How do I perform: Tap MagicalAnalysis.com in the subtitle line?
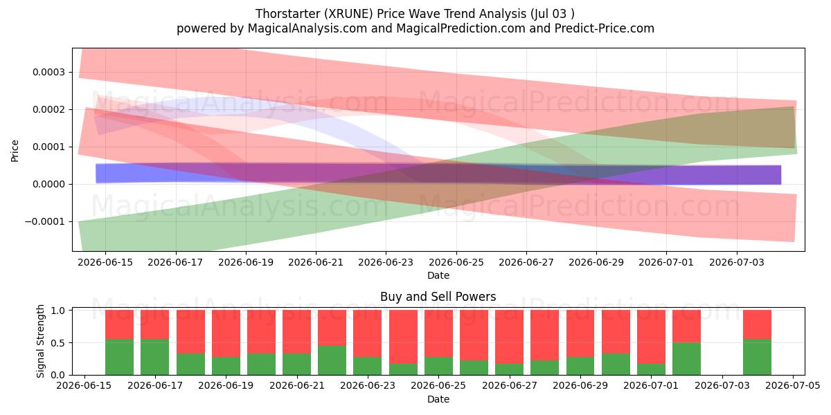(x=307, y=28)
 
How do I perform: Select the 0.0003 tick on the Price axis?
(x=48, y=72)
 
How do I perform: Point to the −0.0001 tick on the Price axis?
(x=44, y=221)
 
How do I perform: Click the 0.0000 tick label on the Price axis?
(x=48, y=184)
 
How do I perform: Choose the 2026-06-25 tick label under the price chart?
(x=456, y=262)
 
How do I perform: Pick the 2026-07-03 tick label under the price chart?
(x=737, y=262)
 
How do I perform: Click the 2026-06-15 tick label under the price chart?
(x=105, y=262)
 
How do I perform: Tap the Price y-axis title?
(x=15, y=151)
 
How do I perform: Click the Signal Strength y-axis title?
(x=40, y=341)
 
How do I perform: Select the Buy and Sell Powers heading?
(x=438, y=297)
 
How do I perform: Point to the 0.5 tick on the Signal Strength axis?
(x=58, y=343)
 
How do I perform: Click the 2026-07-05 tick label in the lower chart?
(x=793, y=386)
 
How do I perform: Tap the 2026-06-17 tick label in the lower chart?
(x=155, y=386)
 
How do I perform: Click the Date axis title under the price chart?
(x=438, y=275)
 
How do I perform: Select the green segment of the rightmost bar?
(x=757, y=357)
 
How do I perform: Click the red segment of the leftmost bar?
(x=119, y=324)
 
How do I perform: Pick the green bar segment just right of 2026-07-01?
(x=686, y=359)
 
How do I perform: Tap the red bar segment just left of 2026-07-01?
(x=651, y=337)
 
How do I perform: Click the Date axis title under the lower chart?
(x=438, y=399)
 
